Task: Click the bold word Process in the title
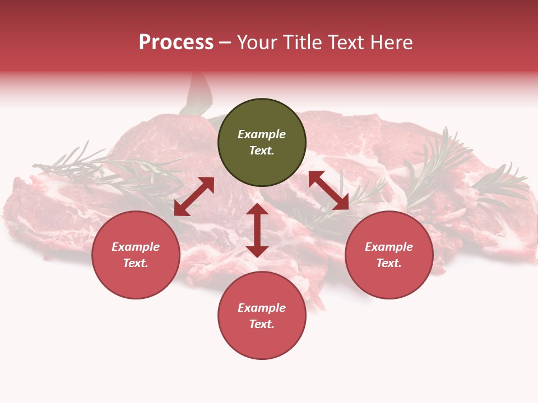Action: tap(176, 43)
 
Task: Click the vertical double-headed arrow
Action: tap(257, 230)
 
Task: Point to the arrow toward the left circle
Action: tap(194, 196)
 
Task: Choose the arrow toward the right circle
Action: tap(328, 190)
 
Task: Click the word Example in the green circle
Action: tap(262, 134)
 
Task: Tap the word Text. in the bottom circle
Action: tap(262, 324)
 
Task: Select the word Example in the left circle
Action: tap(136, 247)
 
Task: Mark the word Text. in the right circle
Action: tap(389, 263)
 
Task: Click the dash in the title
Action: tap(225, 43)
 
